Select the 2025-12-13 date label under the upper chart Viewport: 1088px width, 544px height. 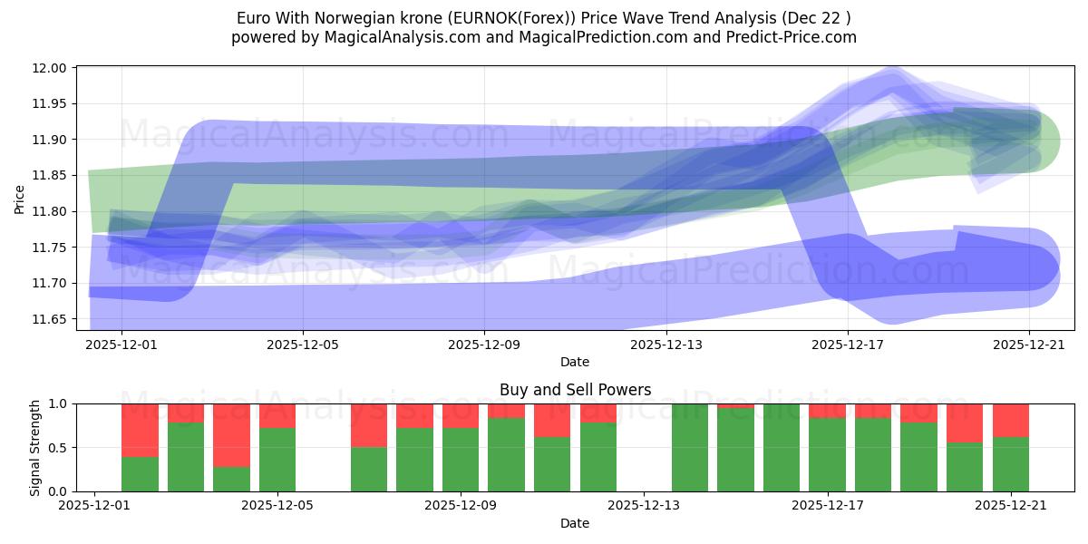pyautogui.click(x=665, y=345)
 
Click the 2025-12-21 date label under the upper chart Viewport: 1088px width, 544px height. pyautogui.click(x=1028, y=345)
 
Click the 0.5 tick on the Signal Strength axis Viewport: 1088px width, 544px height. pyautogui.click(x=59, y=448)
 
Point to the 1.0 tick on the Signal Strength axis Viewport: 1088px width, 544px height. pyautogui.click(x=59, y=404)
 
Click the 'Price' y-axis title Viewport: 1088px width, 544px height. pyautogui.click(x=20, y=198)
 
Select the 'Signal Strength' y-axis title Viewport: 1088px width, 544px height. pyautogui.click(x=34, y=447)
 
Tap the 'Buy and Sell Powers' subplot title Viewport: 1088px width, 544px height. pyautogui.click(x=575, y=390)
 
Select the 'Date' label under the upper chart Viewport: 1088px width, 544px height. pyautogui.click(x=575, y=362)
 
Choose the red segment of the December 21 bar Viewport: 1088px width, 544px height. pyautogui.click(x=1010, y=420)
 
